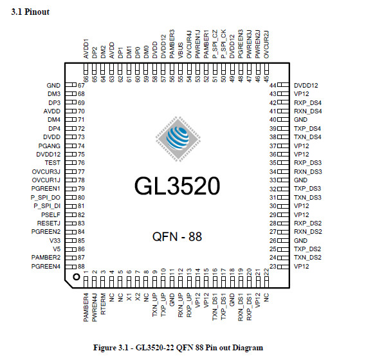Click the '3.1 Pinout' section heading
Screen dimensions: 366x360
30,12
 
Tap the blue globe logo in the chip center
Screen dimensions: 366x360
178,138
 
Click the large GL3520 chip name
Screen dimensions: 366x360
177,186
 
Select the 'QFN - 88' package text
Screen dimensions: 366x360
177,236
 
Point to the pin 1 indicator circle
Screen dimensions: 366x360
77,277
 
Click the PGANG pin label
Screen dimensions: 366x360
50,146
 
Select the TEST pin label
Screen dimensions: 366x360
53,163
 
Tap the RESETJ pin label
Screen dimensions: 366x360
48,223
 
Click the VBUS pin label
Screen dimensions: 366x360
181,50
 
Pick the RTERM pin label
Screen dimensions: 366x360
103,304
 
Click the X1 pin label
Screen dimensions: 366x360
129,297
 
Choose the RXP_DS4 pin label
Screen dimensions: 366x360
307,103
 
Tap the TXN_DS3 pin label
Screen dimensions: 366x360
307,198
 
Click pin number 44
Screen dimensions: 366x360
273,86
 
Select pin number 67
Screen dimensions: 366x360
81,86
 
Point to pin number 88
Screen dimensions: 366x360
81,267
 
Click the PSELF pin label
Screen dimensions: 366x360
51,215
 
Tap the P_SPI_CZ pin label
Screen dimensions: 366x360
215,44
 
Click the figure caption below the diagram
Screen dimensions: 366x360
178,348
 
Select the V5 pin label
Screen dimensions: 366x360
57,249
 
